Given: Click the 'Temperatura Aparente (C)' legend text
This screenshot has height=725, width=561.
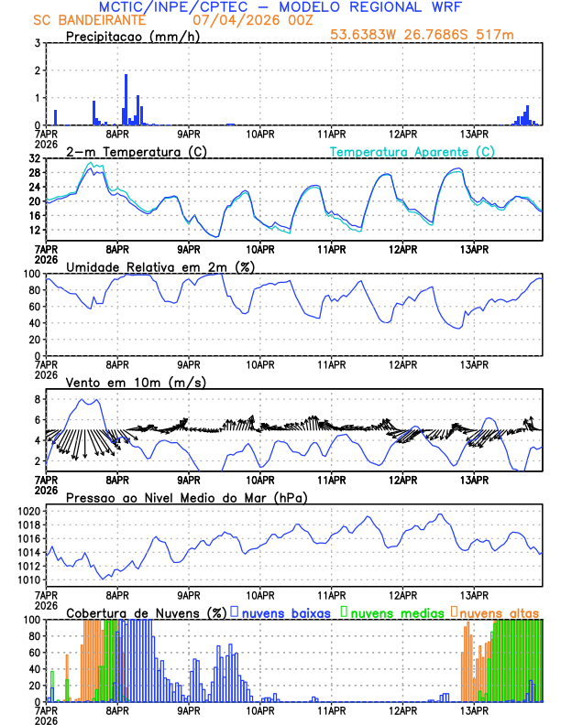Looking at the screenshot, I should pyautogui.click(x=412, y=151).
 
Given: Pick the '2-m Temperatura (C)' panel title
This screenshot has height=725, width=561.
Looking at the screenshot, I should pyautogui.click(x=126, y=151).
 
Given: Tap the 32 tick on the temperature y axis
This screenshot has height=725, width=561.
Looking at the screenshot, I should pyautogui.click(x=34, y=158).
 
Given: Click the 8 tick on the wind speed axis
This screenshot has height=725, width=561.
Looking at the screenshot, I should pyautogui.click(x=37, y=399).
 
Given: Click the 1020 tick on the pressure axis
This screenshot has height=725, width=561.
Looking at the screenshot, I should pyautogui.click(x=27, y=511).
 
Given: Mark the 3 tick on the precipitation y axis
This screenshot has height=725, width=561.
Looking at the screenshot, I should pyautogui.click(x=37, y=43).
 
